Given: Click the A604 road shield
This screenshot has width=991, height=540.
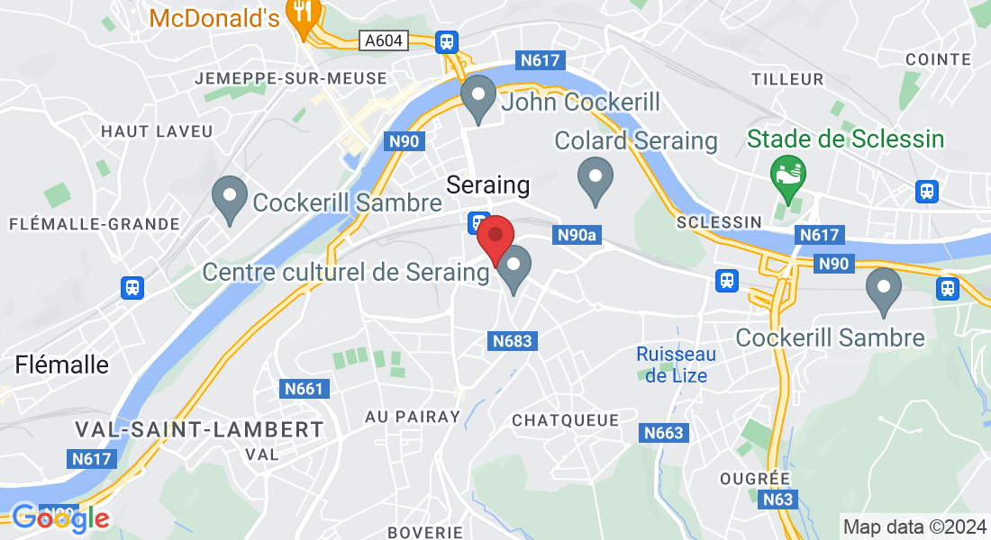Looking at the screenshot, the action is click(x=384, y=40).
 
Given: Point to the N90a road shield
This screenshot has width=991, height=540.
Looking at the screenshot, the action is click(x=577, y=235).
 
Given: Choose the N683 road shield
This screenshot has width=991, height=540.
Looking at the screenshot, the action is click(x=513, y=341).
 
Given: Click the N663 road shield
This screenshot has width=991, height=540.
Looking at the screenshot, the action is click(x=665, y=433).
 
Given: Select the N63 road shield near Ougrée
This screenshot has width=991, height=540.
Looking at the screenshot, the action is click(x=776, y=499).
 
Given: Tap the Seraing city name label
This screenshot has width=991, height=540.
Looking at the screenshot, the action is click(x=488, y=185).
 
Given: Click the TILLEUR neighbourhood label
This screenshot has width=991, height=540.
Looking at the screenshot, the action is click(x=787, y=79).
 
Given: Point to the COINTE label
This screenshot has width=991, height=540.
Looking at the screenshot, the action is click(x=938, y=59).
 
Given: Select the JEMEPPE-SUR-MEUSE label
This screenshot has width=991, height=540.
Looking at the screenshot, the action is click(x=291, y=78).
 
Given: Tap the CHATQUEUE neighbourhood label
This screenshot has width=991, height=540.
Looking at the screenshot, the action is click(x=565, y=420).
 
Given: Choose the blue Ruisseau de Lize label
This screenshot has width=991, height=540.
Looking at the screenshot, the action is click(x=676, y=364).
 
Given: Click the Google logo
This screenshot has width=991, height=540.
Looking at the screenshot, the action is click(x=59, y=517).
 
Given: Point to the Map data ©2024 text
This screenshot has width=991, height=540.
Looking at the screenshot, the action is click(x=914, y=526).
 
